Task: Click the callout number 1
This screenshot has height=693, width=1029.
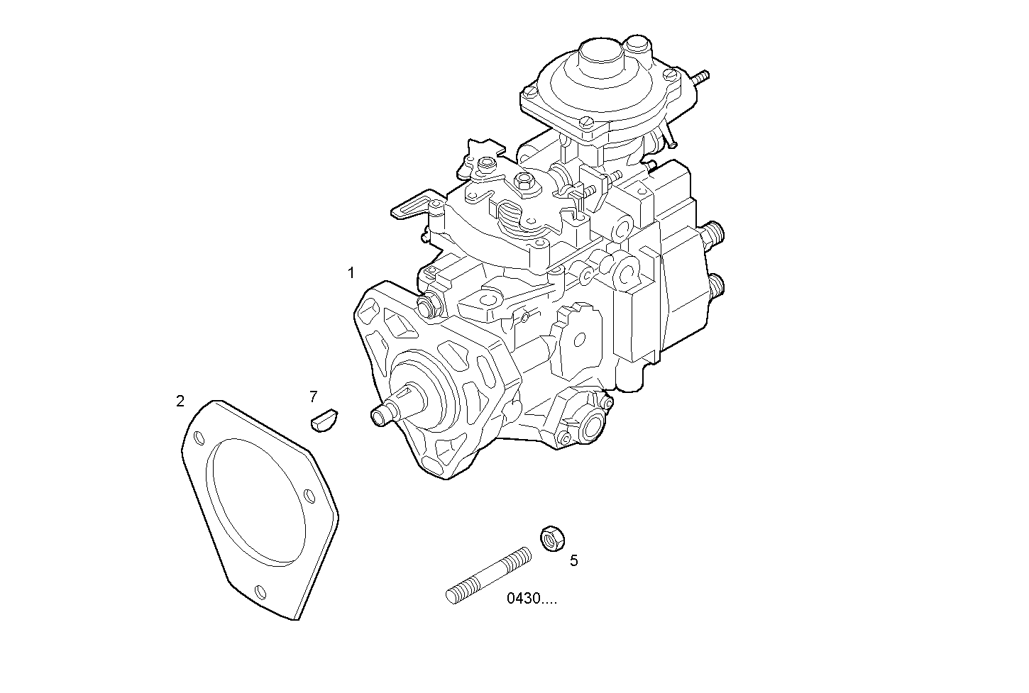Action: click(351, 272)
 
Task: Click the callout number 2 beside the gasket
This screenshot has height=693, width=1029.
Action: click(180, 401)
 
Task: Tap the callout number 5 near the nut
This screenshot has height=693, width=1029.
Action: click(573, 560)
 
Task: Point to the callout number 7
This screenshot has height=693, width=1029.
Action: click(313, 397)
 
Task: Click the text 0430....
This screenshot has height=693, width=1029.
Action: click(532, 599)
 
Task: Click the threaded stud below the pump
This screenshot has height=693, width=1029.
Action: click(489, 574)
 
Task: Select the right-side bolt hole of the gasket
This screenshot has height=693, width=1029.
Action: click(309, 495)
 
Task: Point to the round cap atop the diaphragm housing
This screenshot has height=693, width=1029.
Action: click(600, 57)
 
